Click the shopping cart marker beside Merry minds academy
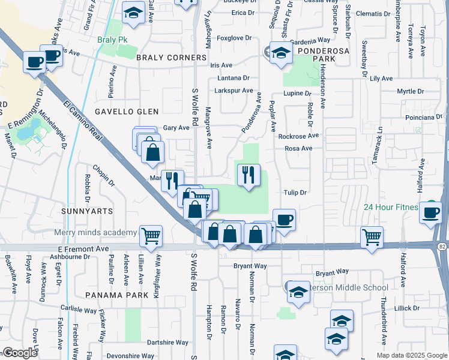click(x=151, y=236)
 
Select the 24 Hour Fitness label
click(x=390, y=207)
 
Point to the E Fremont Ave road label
click(x=83, y=248)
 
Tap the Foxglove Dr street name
click(x=234, y=38)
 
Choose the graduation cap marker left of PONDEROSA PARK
click(x=280, y=53)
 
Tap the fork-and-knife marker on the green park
click(x=249, y=175)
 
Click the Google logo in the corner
click(x=20, y=353)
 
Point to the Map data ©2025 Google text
click(x=411, y=355)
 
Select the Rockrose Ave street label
click(x=298, y=136)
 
